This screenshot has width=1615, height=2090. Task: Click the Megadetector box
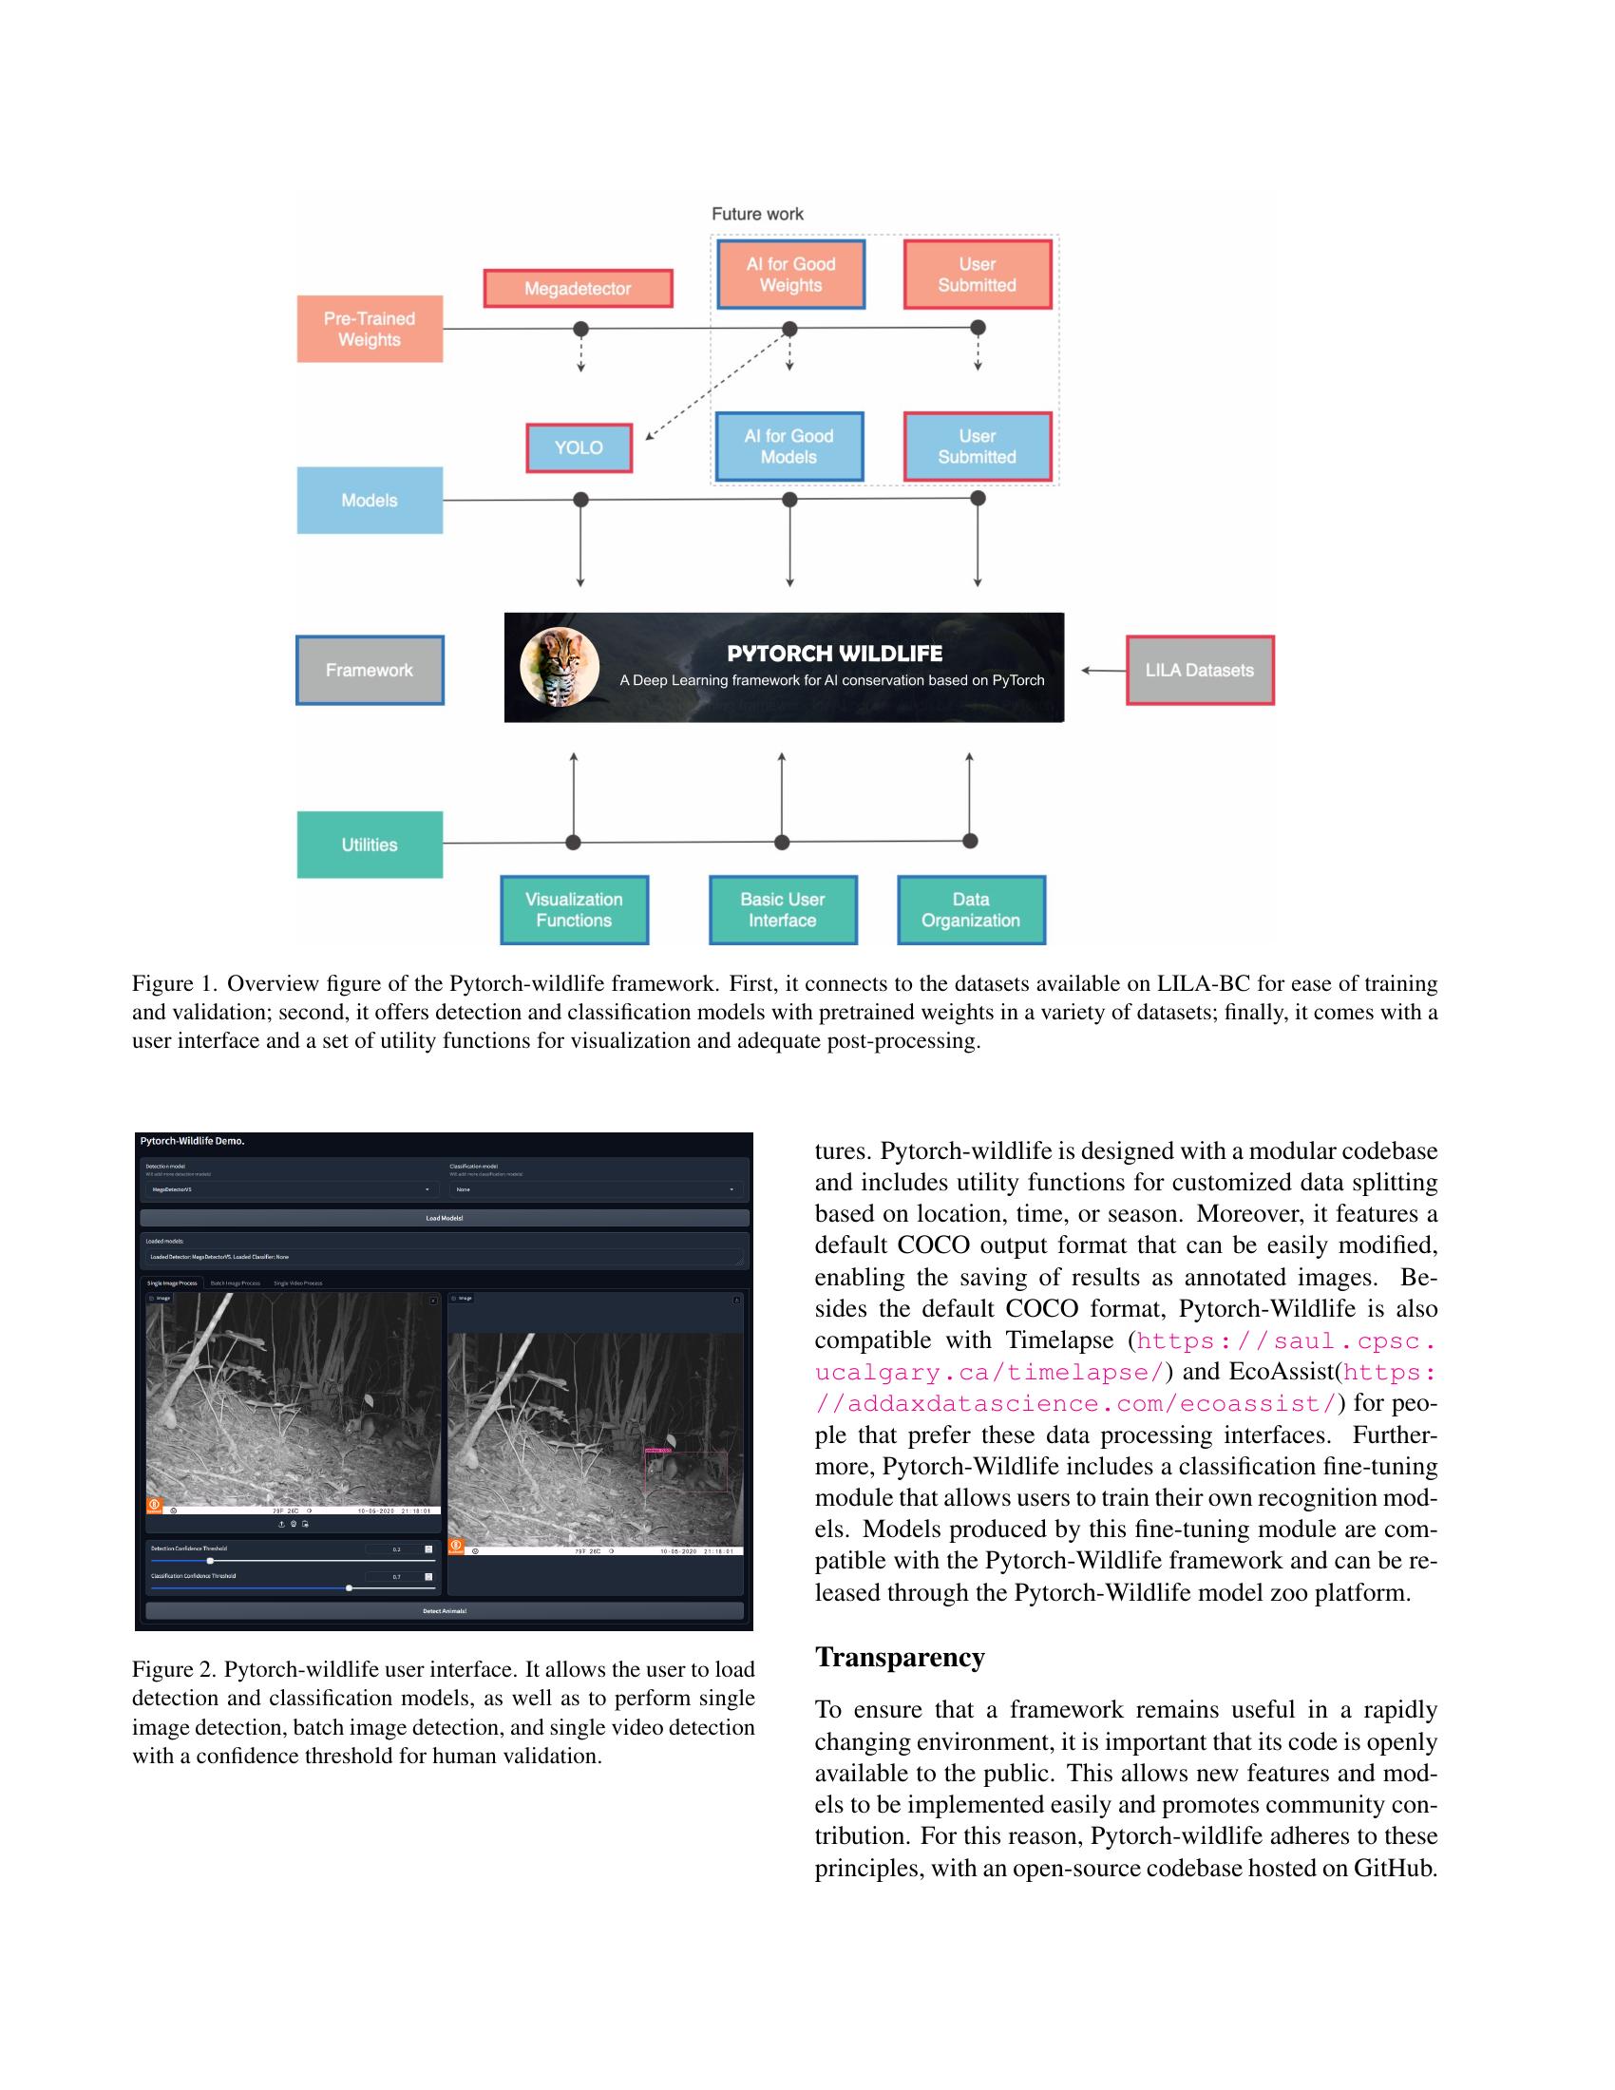577,288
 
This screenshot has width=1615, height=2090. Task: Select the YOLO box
579,446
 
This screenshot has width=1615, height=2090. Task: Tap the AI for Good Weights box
790,274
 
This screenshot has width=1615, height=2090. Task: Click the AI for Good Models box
789,446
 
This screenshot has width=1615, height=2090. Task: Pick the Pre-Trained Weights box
370,329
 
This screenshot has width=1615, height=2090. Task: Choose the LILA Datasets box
1199,670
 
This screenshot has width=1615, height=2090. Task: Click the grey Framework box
370,670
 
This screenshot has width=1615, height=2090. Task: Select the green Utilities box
370,844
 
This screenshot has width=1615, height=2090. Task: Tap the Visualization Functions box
574,909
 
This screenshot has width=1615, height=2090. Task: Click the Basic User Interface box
783,909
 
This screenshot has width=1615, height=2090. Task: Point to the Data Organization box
970,909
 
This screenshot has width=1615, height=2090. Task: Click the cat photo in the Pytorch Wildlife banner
560,667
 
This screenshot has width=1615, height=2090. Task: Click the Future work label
757,214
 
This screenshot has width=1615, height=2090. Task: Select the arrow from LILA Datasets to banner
1103,670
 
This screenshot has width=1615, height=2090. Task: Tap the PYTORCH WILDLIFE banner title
834,654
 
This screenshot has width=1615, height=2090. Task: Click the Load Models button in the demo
444,1218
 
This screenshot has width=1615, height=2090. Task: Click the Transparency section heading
900,1658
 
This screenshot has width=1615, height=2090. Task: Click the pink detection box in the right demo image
686,1470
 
